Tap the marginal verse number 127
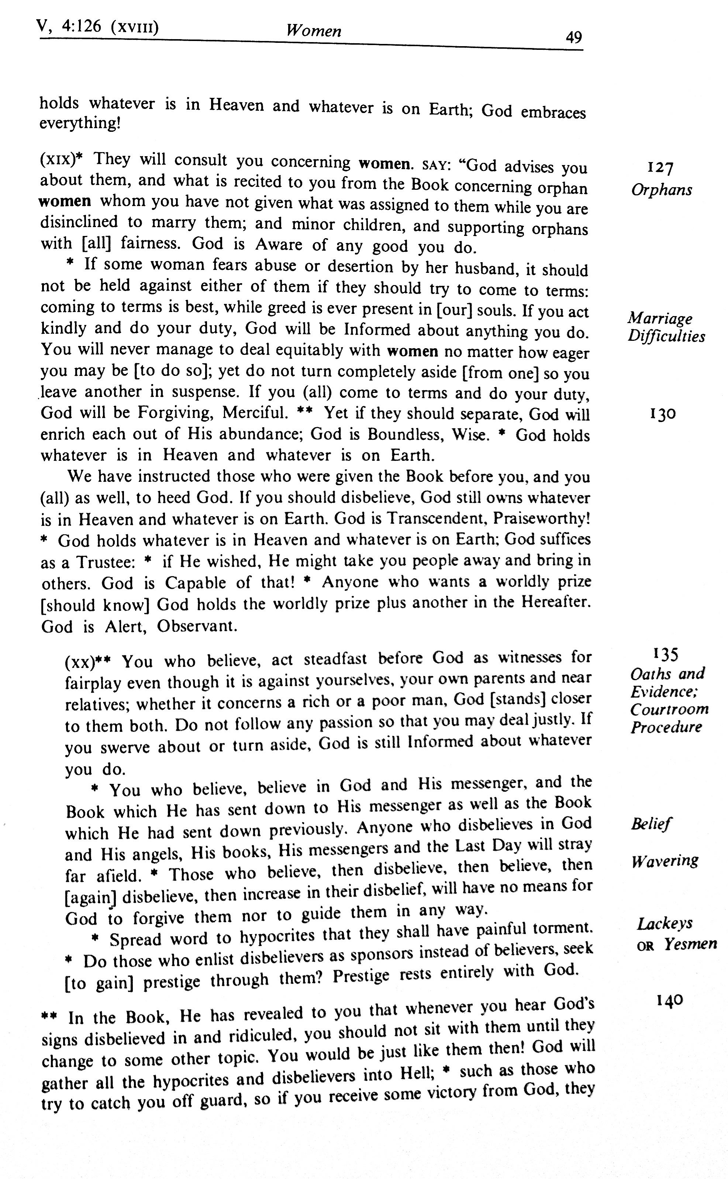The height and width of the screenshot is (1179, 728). [660, 168]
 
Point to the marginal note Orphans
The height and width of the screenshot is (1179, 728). [662, 190]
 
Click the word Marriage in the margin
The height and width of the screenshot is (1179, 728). [660, 319]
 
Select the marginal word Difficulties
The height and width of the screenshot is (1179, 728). [666, 336]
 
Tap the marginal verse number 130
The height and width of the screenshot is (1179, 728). [663, 414]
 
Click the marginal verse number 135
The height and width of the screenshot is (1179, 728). [666, 654]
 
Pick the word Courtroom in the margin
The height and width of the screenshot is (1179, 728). [669, 709]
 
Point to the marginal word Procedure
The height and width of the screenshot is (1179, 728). [666, 727]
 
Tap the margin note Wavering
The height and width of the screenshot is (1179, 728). [665, 860]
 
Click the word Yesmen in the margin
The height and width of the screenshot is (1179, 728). [690, 943]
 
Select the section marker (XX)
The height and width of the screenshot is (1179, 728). [79, 662]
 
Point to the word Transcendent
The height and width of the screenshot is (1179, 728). [436, 518]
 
